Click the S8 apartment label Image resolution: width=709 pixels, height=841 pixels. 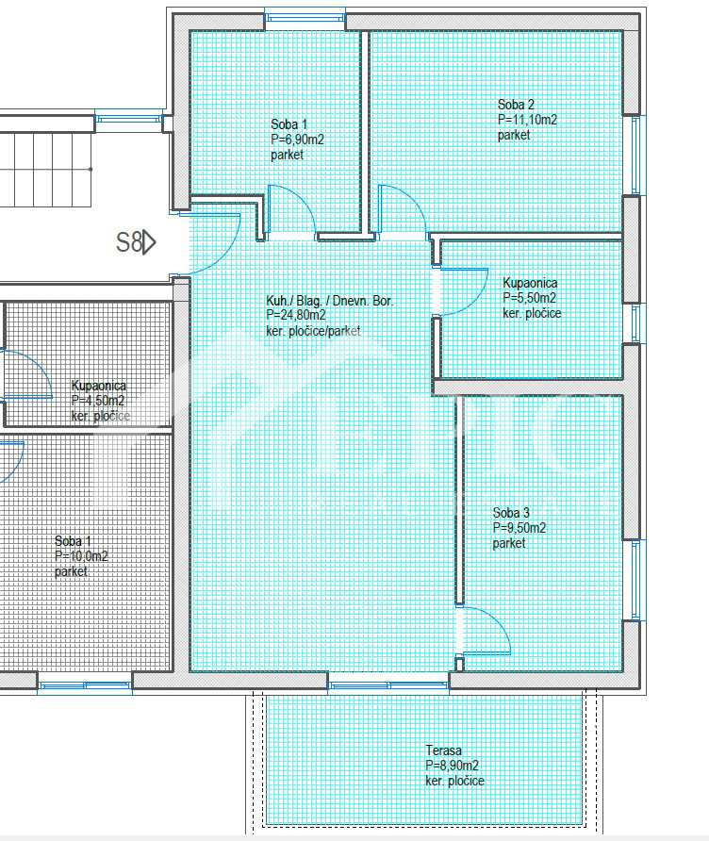click(x=129, y=242)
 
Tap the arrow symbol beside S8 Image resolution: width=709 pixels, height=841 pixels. click(x=150, y=242)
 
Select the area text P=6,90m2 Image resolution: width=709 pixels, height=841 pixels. click(x=297, y=140)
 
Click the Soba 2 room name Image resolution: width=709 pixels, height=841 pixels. click(x=516, y=105)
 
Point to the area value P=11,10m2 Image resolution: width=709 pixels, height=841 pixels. click(x=527, y=120)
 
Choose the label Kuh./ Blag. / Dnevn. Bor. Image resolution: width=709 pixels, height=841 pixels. click(x=330, y=301)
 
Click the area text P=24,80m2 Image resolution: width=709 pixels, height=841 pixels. click(x=296, y=315)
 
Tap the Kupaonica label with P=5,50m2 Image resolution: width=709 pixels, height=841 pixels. click(x=530, y=283)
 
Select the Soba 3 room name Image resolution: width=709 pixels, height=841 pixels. click(x=511, y=513)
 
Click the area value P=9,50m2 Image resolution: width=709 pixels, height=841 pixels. click(x=519, y=528)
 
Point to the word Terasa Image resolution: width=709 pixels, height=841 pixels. click(x=443, y=750)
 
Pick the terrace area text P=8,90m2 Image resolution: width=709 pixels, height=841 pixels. click(x=453, y=766)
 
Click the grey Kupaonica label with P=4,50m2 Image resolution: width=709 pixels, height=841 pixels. click(x=99, y=386)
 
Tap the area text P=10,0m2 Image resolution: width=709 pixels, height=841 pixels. click(x=81, y=556)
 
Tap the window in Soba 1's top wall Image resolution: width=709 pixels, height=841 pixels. click(x=305, y=18)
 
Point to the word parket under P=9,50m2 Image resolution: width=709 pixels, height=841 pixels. click(x=509, y=543)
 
